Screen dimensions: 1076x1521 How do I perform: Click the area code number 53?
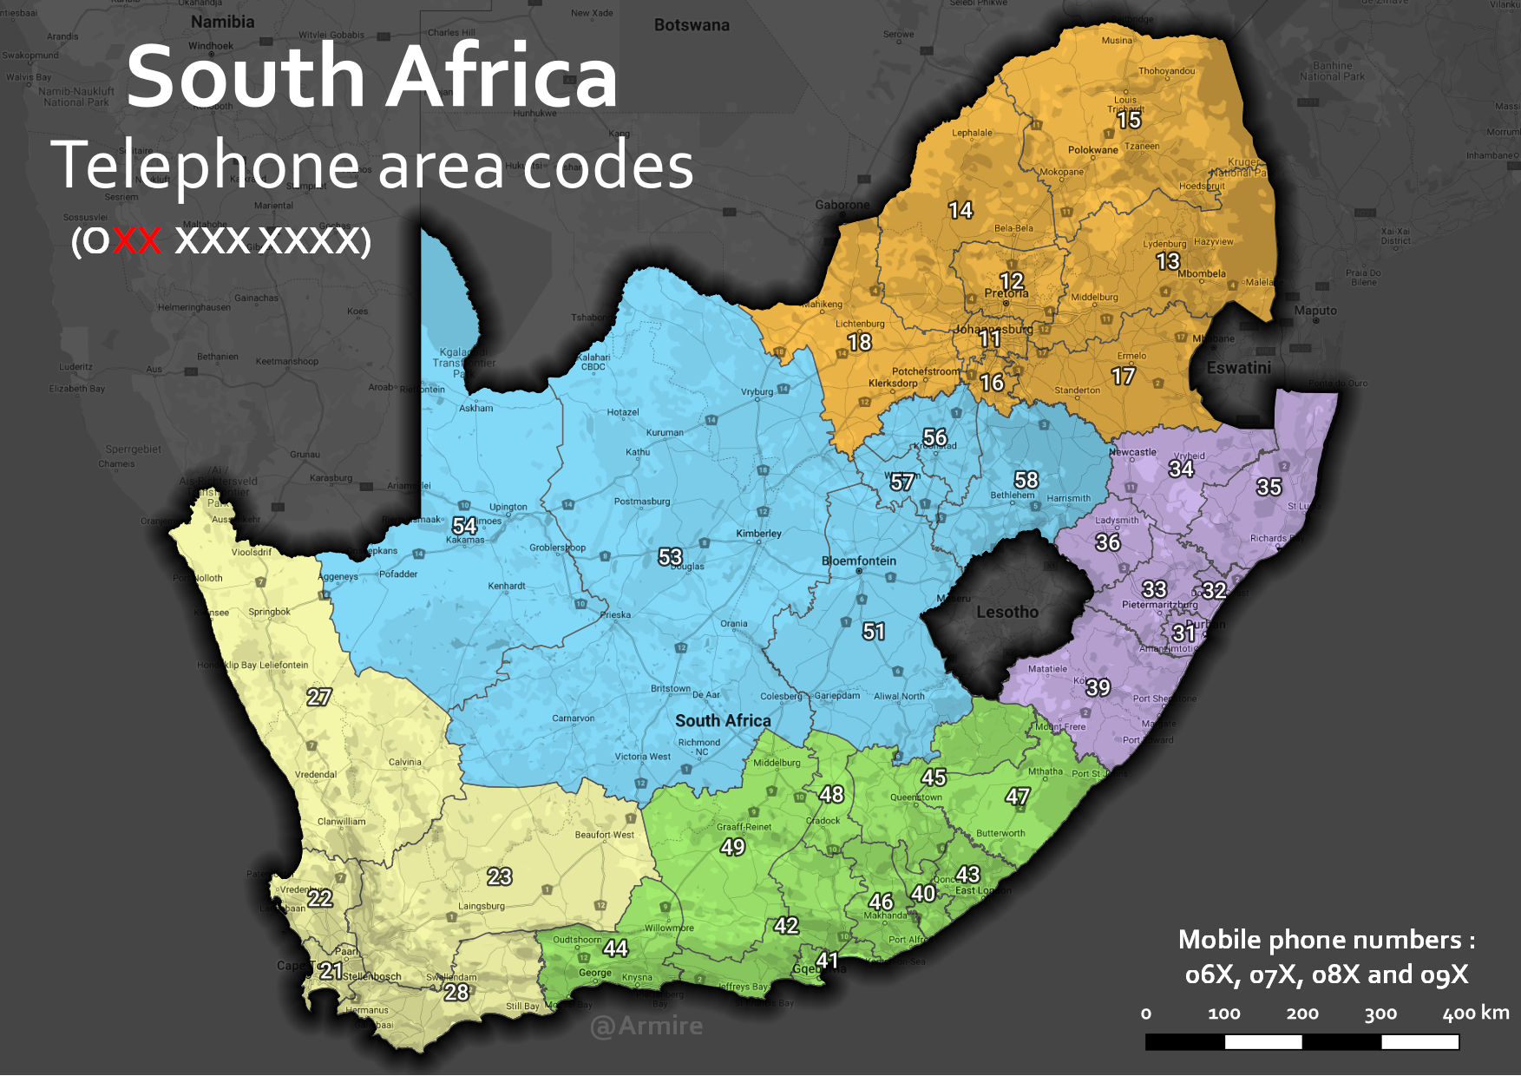pos(670,556)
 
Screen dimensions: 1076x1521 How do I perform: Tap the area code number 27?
pos(318,696)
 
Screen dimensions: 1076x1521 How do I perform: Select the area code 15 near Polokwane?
pos(1129,120)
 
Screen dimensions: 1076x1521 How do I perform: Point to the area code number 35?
pos(1269,487)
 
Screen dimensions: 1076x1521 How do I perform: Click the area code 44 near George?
pos(615,948)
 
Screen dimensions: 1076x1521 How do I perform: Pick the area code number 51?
pos(874,631)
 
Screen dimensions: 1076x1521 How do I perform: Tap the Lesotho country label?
pos(1006,612)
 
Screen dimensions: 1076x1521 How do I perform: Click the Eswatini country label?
pos(1238,367)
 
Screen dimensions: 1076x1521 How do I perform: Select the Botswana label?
pos(692,25)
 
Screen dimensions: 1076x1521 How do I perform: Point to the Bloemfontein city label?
pos(858,561)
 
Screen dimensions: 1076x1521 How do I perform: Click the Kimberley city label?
pos(758,533)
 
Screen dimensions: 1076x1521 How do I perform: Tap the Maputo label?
pos(1314,311)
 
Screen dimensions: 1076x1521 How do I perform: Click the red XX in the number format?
pos(137,240)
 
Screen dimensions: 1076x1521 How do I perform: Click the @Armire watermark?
pos(646,1026)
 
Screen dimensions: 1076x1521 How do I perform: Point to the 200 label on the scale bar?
pos(1301,1014)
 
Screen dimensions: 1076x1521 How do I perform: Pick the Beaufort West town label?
pos(604,835)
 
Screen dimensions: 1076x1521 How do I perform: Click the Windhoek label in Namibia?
pos(211,46)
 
